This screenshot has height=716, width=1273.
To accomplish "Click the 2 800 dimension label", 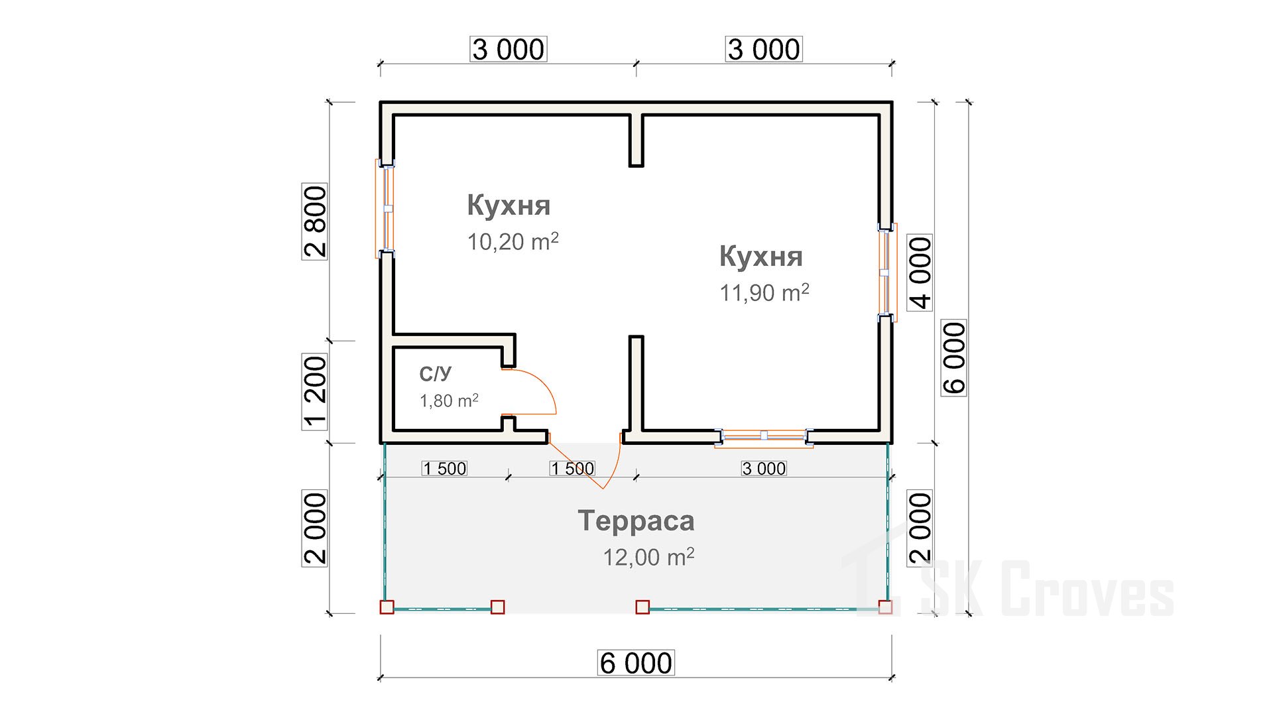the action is click(x=315, y=221).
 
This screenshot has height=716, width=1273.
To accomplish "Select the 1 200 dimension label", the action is click(x=315, y=391).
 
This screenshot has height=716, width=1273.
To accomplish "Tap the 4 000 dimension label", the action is click(x=920, y=272).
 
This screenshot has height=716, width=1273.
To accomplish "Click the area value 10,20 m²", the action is click(x=513, y=241).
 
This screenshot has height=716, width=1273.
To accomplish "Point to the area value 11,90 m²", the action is click(x=764, y=292).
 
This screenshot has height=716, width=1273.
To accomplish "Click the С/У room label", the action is click(x=436, y=374).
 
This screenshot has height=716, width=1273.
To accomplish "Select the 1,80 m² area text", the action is click(x=449, y=400).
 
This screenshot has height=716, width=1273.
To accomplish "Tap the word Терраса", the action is click(x=636, y=520).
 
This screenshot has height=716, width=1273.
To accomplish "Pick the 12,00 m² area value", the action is click(x=648, y=557).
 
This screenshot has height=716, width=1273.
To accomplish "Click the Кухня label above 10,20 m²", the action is click(x=509, y=205).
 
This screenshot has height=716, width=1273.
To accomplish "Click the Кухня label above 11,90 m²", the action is click(x=760, y=256).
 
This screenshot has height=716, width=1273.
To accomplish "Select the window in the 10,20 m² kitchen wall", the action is click(x=385, y=208).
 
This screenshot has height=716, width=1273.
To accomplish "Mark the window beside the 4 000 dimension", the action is click(x=887, y=272).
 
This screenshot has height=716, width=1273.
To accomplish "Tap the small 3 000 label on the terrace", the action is click(x=764, y=469).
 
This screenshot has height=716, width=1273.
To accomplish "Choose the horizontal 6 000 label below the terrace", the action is click(x=636, y=663).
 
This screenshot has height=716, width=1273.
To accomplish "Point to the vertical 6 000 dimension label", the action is click(x=954, y=358).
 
